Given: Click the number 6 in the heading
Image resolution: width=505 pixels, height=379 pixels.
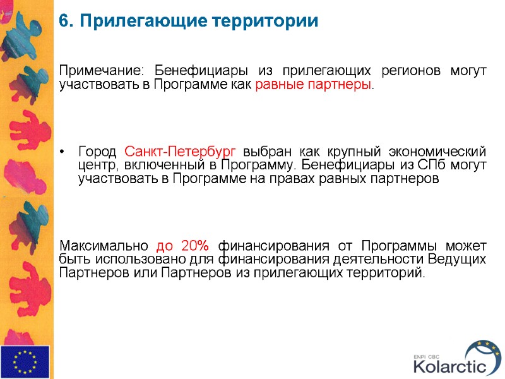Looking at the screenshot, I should [x=63, y=21].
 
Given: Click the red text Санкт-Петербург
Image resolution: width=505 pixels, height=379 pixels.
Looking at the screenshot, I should [x=181, y=152].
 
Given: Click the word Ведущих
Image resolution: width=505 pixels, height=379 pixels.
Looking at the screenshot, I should [x=457, y=259].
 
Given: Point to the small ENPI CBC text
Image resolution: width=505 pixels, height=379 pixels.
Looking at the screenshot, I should [x=427, y=355].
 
